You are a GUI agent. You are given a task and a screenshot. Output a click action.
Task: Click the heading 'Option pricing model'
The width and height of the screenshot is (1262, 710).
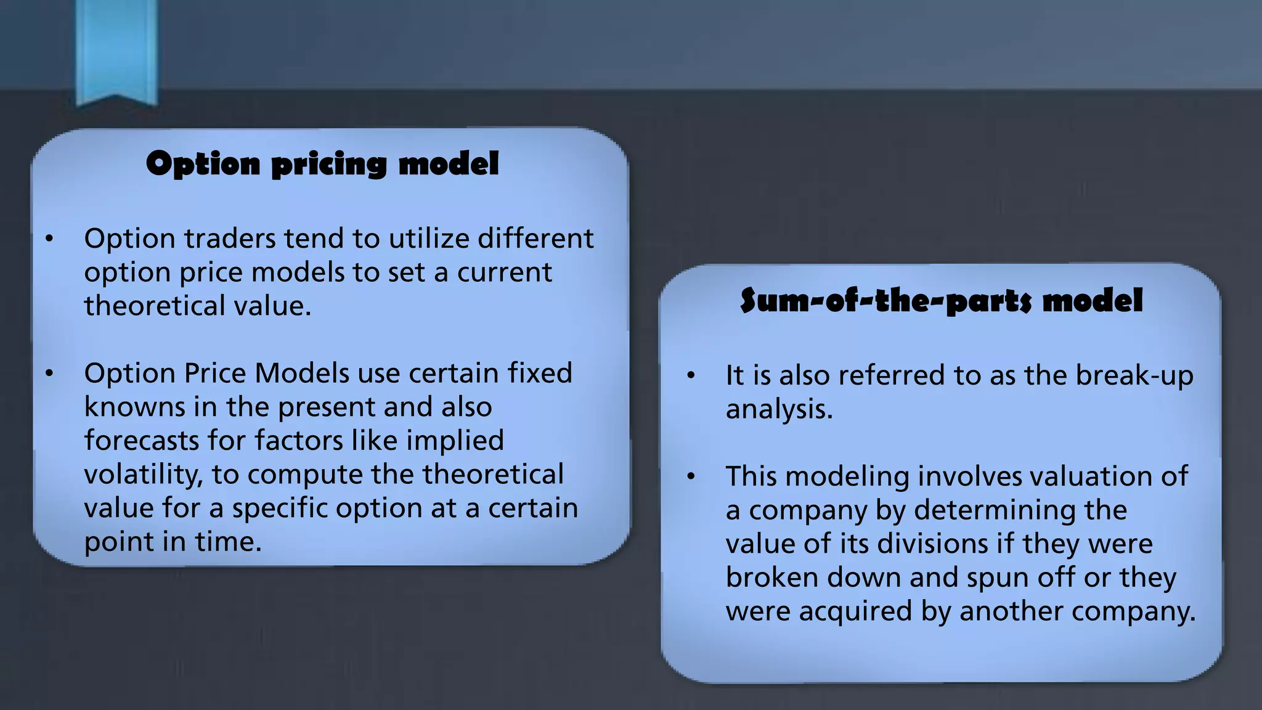click(322, 165)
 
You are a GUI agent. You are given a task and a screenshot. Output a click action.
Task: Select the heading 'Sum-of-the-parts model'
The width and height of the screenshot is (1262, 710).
click(941, 301)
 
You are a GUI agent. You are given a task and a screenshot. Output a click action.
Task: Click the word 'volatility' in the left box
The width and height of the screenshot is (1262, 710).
click(143, 475)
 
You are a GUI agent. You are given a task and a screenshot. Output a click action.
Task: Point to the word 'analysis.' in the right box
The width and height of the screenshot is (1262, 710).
click(779, 409)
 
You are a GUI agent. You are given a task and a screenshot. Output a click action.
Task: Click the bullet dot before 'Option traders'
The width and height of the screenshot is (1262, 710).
click(49, 239)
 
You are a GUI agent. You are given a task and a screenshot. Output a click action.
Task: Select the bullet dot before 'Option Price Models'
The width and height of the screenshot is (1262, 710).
click(49, 373)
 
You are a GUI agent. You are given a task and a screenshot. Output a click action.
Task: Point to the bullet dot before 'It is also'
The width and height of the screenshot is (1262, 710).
click(691, 375)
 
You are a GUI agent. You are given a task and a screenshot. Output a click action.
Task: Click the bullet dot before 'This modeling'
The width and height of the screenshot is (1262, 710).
click(691, 476)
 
